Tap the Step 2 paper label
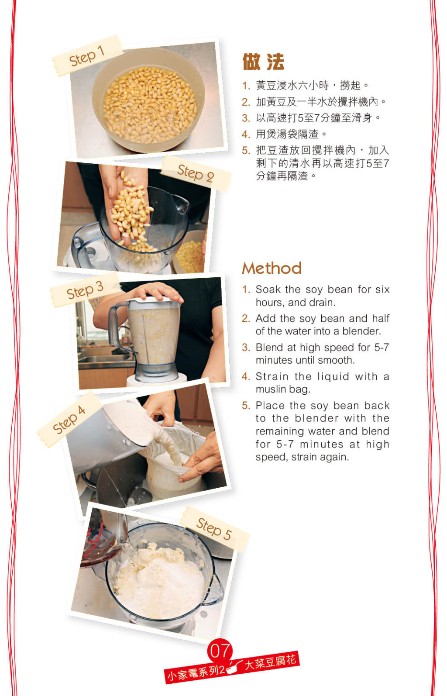(x=196, y=173)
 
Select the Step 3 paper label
(x=85, y=290)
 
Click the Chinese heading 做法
(x=263, y=62)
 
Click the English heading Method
(x=272, y=268)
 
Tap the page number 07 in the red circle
(x=220, y=651)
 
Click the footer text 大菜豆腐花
(x=271, y=662)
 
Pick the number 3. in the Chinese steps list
(x=246, y=118)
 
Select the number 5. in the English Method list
(x=246, y=406)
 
